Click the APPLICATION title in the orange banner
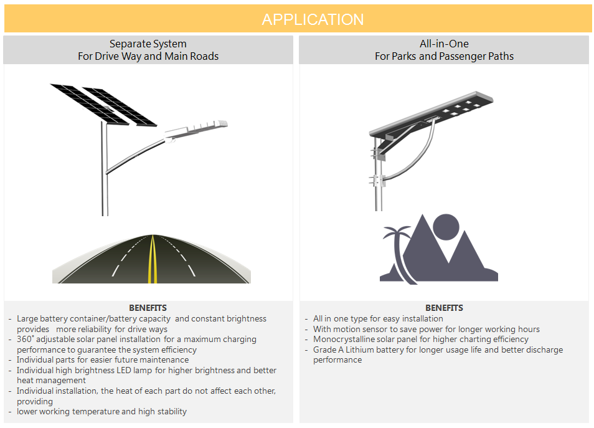(313, 19)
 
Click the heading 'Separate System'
(148, 44)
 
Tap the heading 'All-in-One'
(444, 44)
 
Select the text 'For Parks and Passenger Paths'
(444, 56)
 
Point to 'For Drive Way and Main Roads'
(148, 56)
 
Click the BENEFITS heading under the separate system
(148, 308)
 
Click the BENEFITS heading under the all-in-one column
(444, 308)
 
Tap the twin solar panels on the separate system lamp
(103, 105)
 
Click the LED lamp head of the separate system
(196, 130)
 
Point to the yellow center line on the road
(153, 259)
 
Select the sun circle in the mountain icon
(446, 227)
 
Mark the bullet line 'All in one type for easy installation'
(378, 319)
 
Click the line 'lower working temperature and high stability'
(101, 412)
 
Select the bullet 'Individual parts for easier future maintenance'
(103, 359)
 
